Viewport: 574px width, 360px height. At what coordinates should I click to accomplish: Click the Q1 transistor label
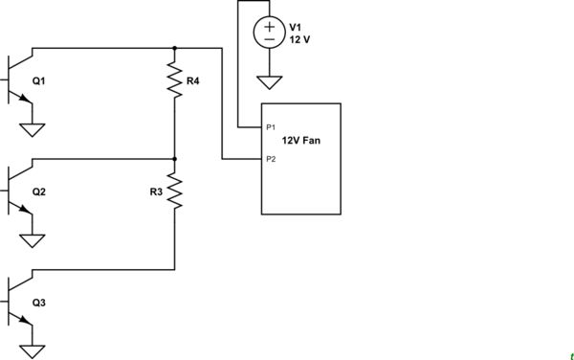(x=38, y=81)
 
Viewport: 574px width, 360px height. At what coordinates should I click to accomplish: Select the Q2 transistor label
(x=38, y=191)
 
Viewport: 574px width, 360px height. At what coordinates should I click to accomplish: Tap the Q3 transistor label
(x=38, y=303)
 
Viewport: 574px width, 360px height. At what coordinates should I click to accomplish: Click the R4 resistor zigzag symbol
(x=174, y=80)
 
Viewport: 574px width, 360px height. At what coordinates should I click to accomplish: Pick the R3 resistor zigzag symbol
(x=174, y=191)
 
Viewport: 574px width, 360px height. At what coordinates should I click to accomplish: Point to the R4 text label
(x=193, y=81)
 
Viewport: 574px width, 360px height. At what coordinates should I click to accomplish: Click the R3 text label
(x=156, y=191)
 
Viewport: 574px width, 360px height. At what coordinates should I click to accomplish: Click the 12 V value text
(x=300, y=40)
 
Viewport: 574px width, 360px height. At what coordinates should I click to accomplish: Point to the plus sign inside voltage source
(x=268, y=26)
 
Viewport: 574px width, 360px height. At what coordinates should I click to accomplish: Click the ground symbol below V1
(x=268, y=84)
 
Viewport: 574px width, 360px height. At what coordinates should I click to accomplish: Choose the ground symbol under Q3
(x=33, y=350)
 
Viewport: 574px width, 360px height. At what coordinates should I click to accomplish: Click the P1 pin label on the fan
(x=272, y=126)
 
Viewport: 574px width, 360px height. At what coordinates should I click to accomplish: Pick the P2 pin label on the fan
(x=272, y=159)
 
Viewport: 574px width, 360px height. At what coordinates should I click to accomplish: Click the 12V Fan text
(x=301, y=141)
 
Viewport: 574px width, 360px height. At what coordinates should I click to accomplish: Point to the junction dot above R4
(x=174, y=47)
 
